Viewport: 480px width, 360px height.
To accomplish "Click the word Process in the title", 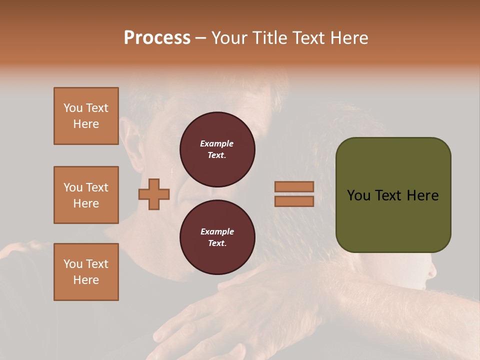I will tap(157, 38).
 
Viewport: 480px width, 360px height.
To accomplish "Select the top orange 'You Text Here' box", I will tap(86, 116).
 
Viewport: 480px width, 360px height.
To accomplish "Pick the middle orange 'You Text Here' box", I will tap(86, 195).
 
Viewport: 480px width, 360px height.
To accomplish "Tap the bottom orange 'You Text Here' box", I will tap(86, 272).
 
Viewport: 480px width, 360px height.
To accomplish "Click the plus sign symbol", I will tap(154, 194).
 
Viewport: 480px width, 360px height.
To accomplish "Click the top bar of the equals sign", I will tap(294, 186).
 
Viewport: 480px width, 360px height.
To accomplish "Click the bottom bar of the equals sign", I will tap(294, 201).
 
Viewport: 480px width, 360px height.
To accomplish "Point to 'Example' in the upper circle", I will tap(216, 143).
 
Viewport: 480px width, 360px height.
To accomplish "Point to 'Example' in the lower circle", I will tap(216, 231).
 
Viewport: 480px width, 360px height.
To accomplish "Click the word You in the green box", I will tap(358, 195).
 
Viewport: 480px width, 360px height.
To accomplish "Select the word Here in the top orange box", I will tap(86, 124).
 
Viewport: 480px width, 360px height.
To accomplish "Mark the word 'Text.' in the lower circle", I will tap(216, 243).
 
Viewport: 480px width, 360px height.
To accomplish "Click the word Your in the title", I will tap(230, 38).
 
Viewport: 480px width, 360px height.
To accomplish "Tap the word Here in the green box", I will tap(422, 195).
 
